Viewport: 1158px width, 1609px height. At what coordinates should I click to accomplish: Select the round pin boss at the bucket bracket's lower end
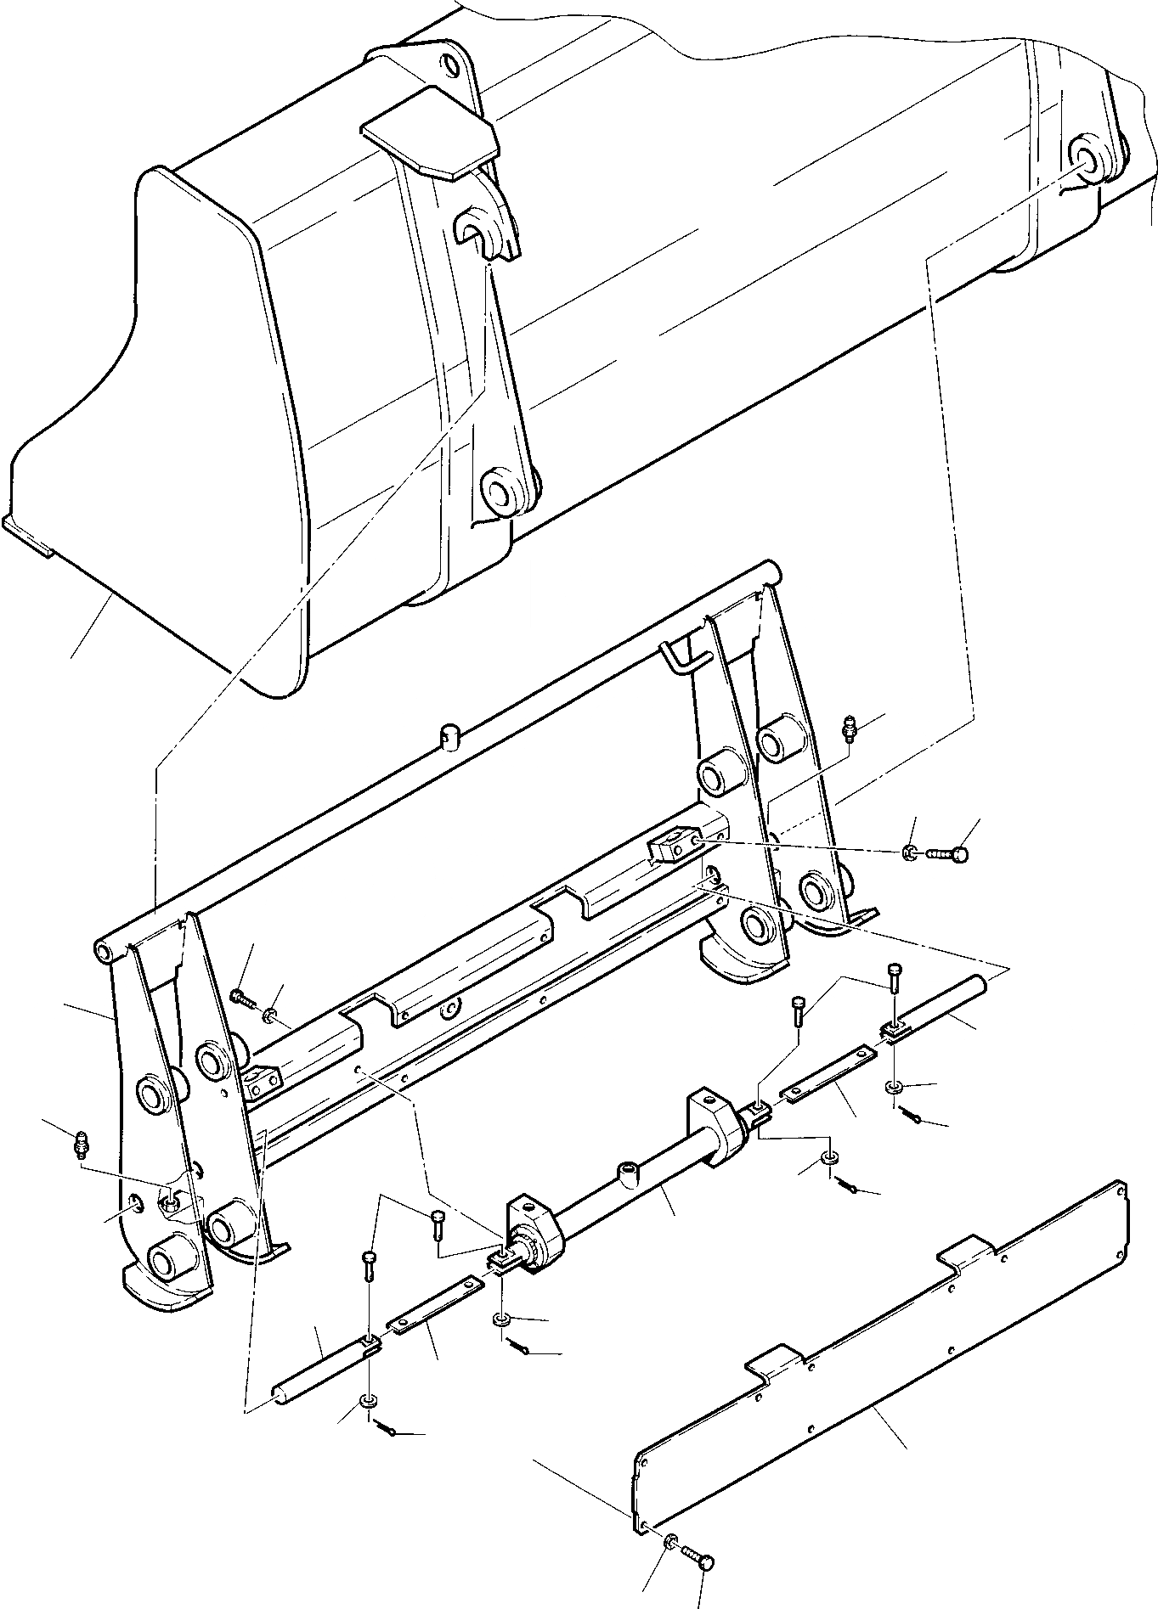[x=499, y=492]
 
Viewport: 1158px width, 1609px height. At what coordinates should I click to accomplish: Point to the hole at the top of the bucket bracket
[x=451, y=65]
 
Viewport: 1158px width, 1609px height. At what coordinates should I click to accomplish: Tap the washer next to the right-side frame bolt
[x=909, y=852]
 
